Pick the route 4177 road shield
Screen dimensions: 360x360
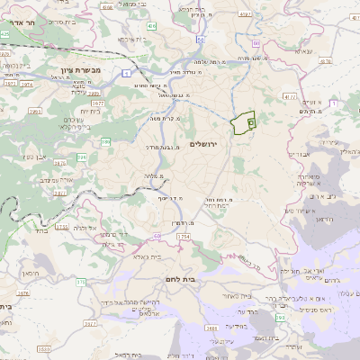tap(289, 94)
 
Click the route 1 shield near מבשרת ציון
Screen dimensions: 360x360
tap(128, 71)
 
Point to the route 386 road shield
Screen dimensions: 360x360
tap(106, 141)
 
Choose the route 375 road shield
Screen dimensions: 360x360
tap(79, 282)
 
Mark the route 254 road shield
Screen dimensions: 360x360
tap(184, 236)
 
